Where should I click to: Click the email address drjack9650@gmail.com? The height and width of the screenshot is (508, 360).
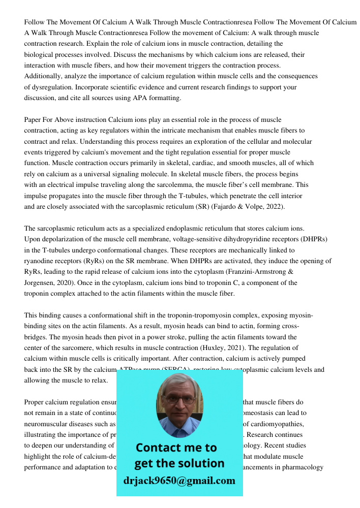(x=179, y=480)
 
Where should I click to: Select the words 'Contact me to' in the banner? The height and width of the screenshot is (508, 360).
(x=176, y=448)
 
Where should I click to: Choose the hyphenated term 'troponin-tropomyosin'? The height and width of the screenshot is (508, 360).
(x=203, y=315)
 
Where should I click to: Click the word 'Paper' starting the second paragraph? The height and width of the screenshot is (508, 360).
(x=33, y=120)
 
